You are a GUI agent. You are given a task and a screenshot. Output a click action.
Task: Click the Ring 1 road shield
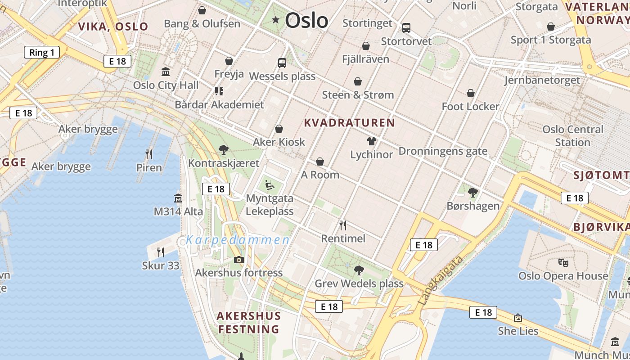point(41,52)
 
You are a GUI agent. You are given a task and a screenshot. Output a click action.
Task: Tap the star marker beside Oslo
point(275,20)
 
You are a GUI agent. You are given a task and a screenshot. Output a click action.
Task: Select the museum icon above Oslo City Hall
point(166,72)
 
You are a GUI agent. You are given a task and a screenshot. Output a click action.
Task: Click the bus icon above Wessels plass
point(282,63)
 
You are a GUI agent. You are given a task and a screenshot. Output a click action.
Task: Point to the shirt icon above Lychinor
point(371,141)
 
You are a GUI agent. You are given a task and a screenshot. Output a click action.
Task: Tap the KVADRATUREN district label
point(350,122)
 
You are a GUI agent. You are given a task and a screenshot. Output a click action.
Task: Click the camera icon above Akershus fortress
point(239,260)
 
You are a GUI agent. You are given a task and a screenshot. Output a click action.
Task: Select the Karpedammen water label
point(238,240)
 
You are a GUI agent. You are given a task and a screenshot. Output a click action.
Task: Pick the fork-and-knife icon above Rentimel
point(343,225)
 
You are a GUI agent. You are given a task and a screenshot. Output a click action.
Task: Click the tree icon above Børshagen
point(472,193)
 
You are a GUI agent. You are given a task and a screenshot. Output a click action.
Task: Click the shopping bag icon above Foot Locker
point(471,93)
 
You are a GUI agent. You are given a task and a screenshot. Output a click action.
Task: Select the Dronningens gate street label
point(443,151)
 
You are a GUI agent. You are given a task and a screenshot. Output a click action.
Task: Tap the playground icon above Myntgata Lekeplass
point(269,184)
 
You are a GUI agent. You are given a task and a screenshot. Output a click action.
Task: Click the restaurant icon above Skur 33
point(161,252)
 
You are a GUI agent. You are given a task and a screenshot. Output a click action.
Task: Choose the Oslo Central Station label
point(572,136)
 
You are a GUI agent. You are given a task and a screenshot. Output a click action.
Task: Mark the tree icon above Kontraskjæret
point(223,150)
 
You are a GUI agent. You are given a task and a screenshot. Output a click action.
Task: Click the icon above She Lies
point(518,318)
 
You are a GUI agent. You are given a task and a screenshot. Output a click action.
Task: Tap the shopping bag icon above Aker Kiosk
point(279,129)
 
